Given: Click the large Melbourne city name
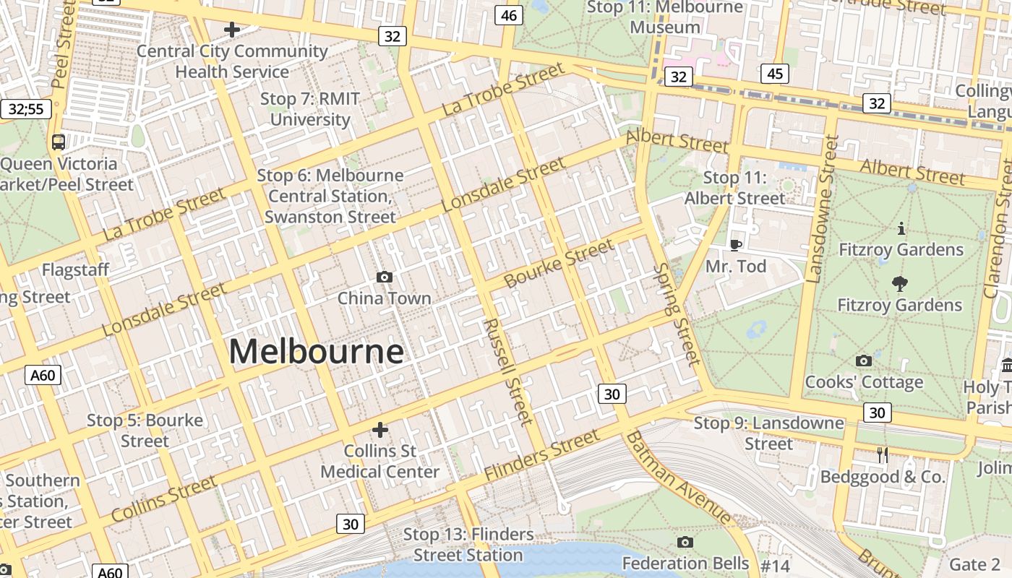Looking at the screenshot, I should coord(316,352).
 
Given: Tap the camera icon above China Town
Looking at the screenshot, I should coord(385,277).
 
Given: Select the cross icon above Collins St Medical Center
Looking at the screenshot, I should coord(379,431).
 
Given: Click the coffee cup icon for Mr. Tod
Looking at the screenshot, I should coord(736,245).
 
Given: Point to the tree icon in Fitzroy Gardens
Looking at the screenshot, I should coord(900,284).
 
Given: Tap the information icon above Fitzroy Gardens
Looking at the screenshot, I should coord(901,229).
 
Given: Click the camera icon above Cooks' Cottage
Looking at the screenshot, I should coord(863,361).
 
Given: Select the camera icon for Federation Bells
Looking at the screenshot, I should coord(685,542).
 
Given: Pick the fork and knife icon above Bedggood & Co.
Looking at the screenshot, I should coord(882,454).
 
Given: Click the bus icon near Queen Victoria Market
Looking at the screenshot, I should coord(59,142).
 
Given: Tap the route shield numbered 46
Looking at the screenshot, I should coord(510,15).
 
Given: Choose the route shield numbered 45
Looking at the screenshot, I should coord(774,73).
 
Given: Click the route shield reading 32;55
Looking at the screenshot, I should coord(26,109).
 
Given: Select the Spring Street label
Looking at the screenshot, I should coord(677,314).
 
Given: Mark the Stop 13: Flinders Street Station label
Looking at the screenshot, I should coord(468,545).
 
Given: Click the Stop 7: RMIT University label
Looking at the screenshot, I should coord(309,109).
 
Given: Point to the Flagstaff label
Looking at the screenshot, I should coord(75,270).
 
